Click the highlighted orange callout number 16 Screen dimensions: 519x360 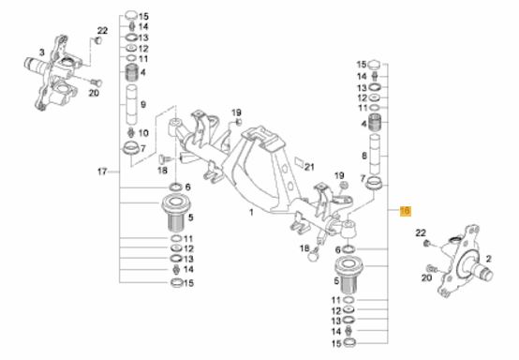[406, 211]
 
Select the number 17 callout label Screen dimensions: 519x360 [102, 172]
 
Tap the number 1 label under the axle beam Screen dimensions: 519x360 [251, 212]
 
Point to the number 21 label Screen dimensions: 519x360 [309, 167]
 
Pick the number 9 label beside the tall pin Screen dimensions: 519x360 [143, 105]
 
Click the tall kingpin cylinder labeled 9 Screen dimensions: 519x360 [132, 104]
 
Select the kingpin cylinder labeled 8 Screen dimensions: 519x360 [375, 154]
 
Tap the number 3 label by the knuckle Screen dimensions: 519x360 [41, 52]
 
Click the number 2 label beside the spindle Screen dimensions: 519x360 [488, 259]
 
